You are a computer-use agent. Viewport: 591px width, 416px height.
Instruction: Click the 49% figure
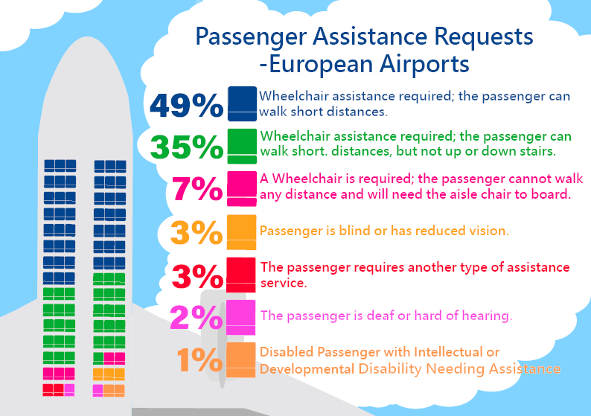[186, 106]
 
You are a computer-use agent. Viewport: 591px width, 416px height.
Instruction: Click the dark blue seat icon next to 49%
[242, 104]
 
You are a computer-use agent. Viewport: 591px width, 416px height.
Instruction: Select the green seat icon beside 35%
[242, 146]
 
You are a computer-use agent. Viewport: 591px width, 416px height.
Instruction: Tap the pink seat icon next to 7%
[242, 189]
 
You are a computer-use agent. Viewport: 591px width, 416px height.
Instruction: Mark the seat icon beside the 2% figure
[242, 316]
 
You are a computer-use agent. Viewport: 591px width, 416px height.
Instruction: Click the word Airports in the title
[423, 64]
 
